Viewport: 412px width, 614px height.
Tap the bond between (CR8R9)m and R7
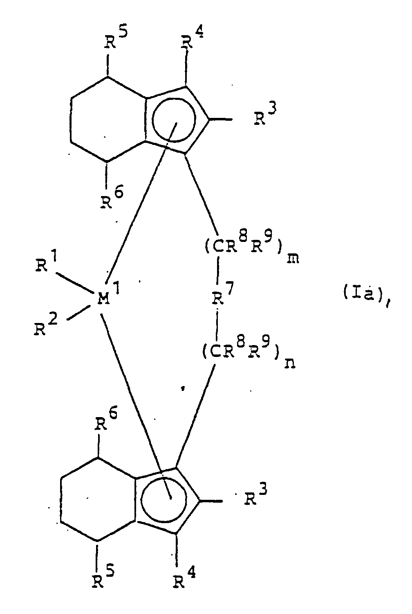tap(218, 278)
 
